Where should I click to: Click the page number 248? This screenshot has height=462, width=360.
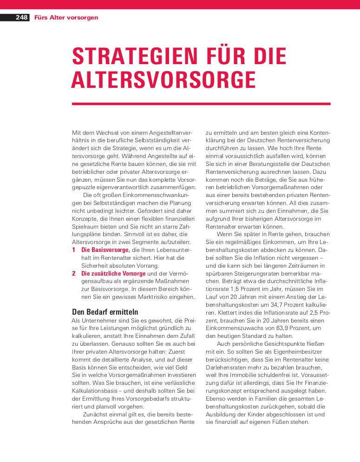click(x=21, y=18)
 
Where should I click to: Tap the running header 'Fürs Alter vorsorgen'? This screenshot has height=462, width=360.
click(x=66, y=18)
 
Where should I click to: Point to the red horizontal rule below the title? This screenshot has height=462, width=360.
click(x=201, y=104)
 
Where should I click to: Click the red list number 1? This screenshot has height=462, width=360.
click(x=74, y=250)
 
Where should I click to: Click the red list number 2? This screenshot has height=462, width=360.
click(x=74, y=273)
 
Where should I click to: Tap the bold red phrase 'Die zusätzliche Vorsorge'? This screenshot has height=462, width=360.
click(x=113, y=273)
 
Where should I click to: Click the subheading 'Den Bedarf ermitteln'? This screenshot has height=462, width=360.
click(x=105, y=312)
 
